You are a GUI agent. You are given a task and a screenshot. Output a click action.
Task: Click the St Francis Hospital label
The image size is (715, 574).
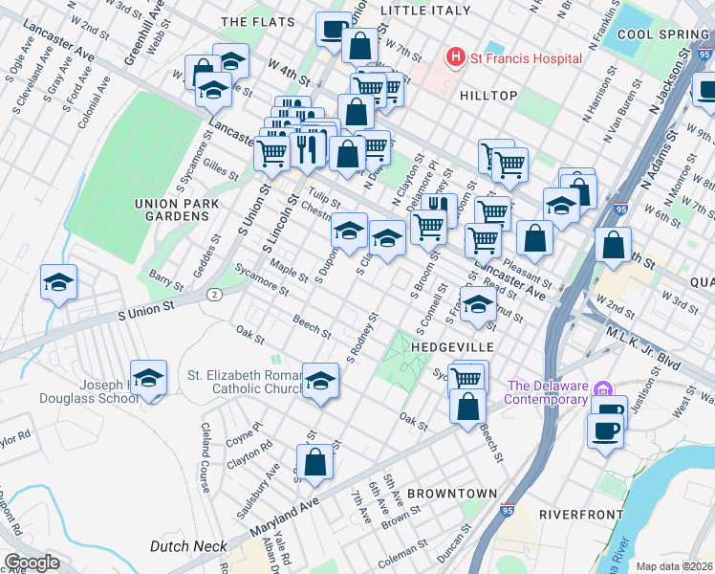pos(525,58)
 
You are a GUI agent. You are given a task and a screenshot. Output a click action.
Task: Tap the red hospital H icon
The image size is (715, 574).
pos(456,58)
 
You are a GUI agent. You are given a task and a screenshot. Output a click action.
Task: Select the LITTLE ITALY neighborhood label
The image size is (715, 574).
pos(425,11)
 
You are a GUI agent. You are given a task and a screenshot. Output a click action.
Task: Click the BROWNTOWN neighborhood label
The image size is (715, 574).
pos(452,494)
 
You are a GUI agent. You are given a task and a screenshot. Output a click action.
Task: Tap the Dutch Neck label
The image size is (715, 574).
pos(188,546)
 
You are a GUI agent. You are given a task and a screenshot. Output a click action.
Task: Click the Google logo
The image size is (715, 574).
pos(32,563)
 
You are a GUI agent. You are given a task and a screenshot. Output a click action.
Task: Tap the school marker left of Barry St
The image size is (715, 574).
pos(58,282)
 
